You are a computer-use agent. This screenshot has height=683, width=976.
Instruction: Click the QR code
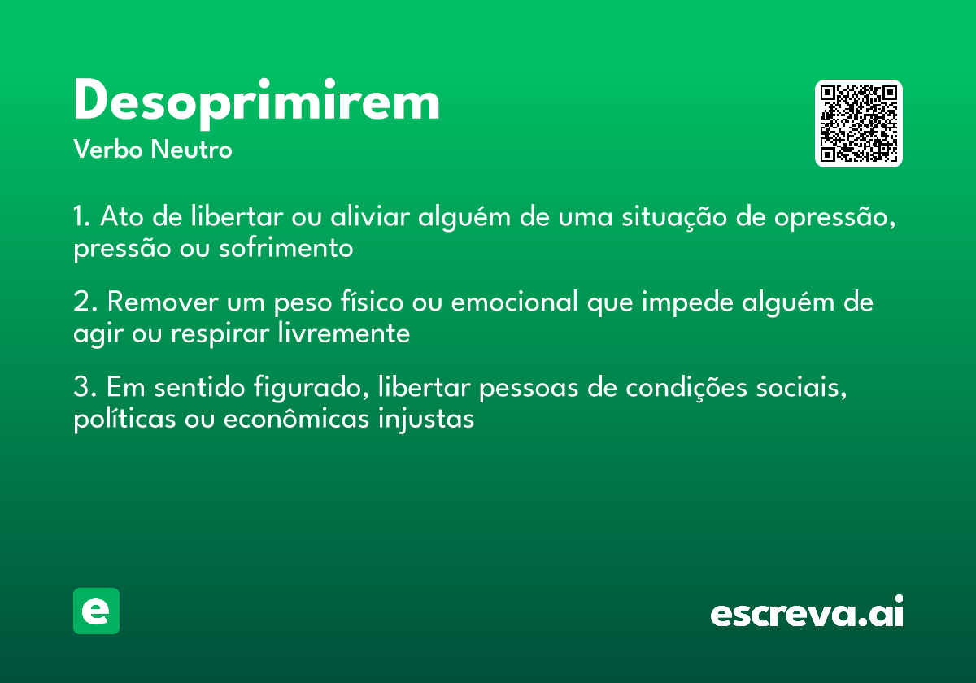[859, 124]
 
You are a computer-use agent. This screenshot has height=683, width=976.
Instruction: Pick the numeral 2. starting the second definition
[85, 302]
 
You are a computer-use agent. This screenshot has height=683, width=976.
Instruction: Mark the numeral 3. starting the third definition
[85, 387]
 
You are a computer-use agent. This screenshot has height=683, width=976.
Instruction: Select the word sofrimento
[285, 248]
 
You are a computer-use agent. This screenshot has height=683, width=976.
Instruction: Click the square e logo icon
[96, 611]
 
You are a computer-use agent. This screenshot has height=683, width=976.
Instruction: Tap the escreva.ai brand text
[807, 612]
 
